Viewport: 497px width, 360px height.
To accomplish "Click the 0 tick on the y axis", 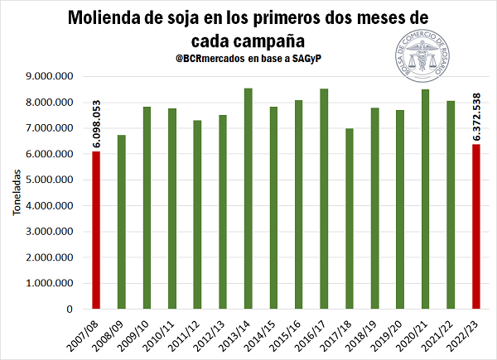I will [x=70, y=309].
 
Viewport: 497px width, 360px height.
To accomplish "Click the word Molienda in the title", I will [x=114, y=17].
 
